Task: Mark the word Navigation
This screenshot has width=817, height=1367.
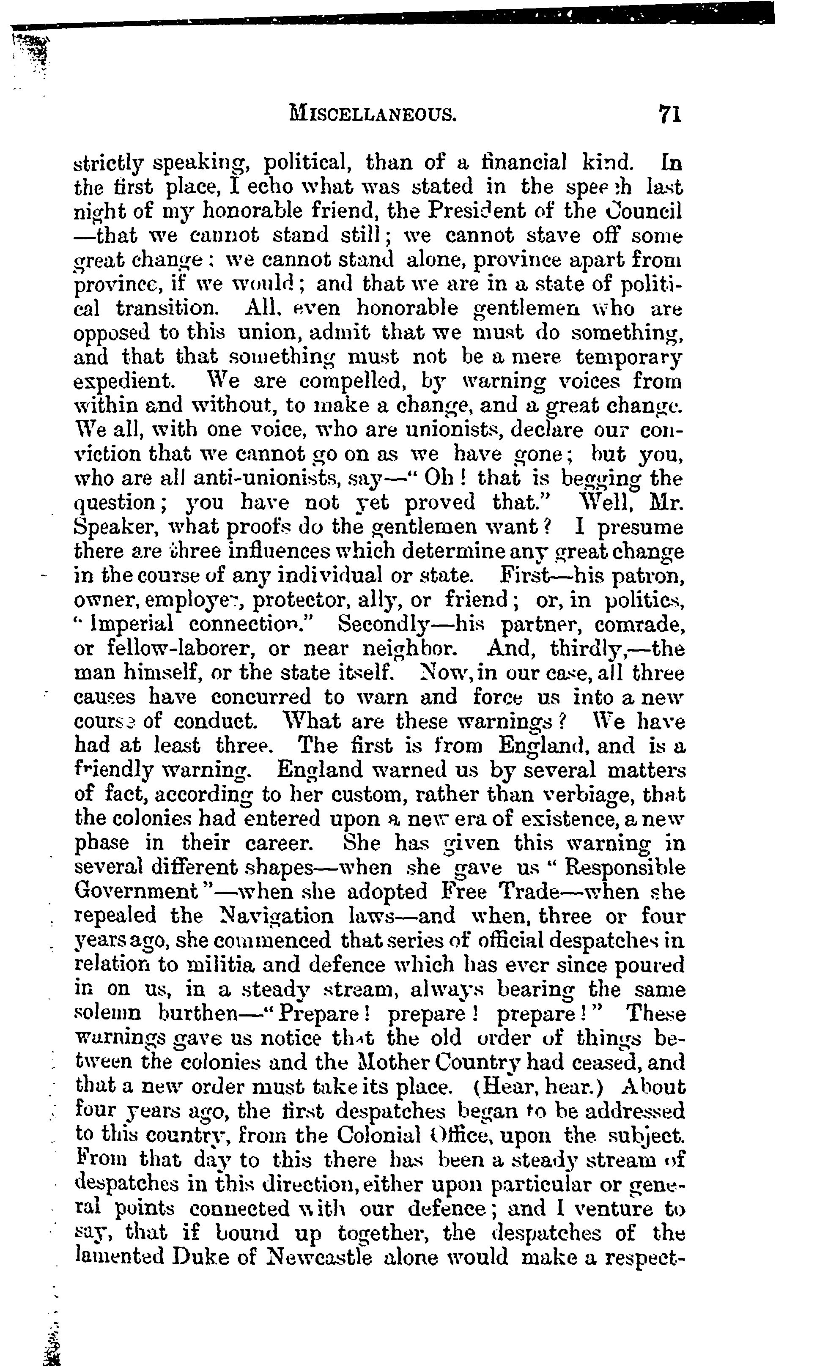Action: [268, 916]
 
